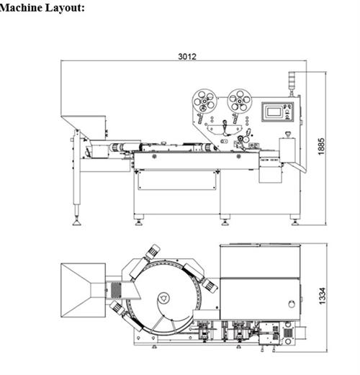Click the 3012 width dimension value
pos(187,57)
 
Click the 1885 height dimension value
pos(321,146)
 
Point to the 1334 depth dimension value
pos(323,296)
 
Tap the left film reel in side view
pos(204,101)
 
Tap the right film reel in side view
pos(240,101)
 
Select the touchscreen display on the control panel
pos(274,112)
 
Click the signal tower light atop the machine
pos(292,83)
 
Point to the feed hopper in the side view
pos(84,127)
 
